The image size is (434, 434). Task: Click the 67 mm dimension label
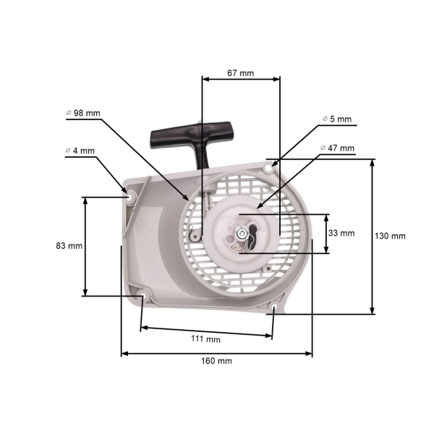point(240,73)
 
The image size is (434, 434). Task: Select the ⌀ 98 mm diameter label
point(83,114)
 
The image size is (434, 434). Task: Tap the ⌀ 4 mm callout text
point(80,150)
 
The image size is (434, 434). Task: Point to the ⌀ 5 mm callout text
point(336,119)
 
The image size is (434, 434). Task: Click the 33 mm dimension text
point(341,233)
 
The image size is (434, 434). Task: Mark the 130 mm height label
point(391,236)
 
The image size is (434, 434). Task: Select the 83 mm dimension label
point(69,246)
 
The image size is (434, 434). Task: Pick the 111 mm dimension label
point(207,339)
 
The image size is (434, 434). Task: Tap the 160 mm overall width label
point(217,360)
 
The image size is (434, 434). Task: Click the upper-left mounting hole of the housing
point(130,195)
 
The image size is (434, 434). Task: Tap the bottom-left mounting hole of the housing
point(143,295)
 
